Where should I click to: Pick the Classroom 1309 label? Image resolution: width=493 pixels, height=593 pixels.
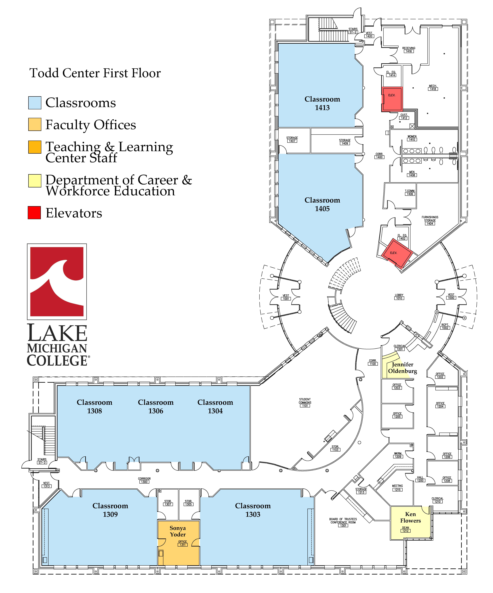tap(110, 510)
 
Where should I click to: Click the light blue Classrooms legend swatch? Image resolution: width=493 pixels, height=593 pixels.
tap(35, 103)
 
